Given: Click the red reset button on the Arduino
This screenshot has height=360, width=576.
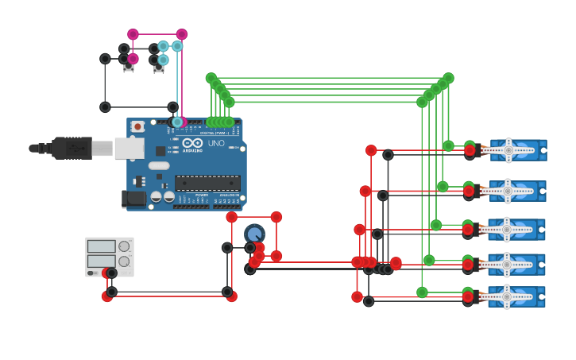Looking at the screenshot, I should (x=137, y=126).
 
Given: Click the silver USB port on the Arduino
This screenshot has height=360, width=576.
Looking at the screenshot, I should (x=129, y=148).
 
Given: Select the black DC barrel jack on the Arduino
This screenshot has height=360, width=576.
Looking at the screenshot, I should (x=134, y=198).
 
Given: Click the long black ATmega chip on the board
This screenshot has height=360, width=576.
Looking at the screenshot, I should (x=207, y=182).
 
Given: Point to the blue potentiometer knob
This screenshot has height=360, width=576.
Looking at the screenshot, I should (x=254, y=234).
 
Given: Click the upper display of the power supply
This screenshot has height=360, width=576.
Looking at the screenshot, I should (x=102, y=246).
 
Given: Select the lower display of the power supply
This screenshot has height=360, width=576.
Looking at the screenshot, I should (x=102, y=261).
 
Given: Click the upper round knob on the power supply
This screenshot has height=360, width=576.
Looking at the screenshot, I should (x=124, y=246).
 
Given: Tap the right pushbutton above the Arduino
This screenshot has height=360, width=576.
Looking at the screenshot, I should (x=159, y=68).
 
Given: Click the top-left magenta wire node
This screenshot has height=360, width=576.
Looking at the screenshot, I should (x=133, y=34).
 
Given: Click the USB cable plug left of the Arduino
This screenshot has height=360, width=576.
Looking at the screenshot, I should (x=72, y=148).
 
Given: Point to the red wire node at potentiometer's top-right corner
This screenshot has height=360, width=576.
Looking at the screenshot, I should (x=276, y=217).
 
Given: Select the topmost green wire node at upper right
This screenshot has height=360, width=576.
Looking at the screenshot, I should (x=449, y=78).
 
